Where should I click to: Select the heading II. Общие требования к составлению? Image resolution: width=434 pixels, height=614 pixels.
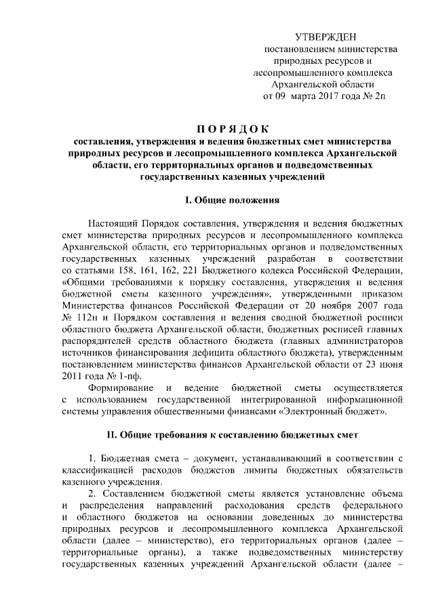[233, 434]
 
